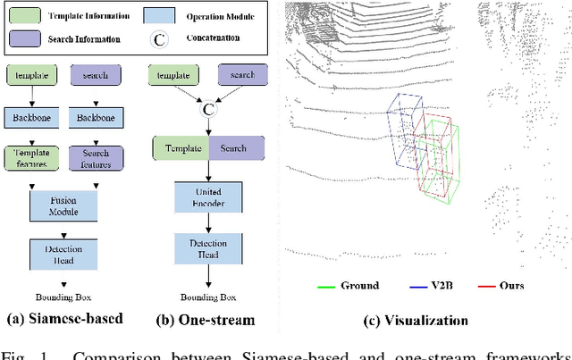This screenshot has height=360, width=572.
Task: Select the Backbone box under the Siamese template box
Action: pos(32,118)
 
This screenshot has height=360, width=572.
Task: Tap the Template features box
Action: pos(32,158)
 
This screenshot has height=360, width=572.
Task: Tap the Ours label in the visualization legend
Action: pos(512,287)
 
